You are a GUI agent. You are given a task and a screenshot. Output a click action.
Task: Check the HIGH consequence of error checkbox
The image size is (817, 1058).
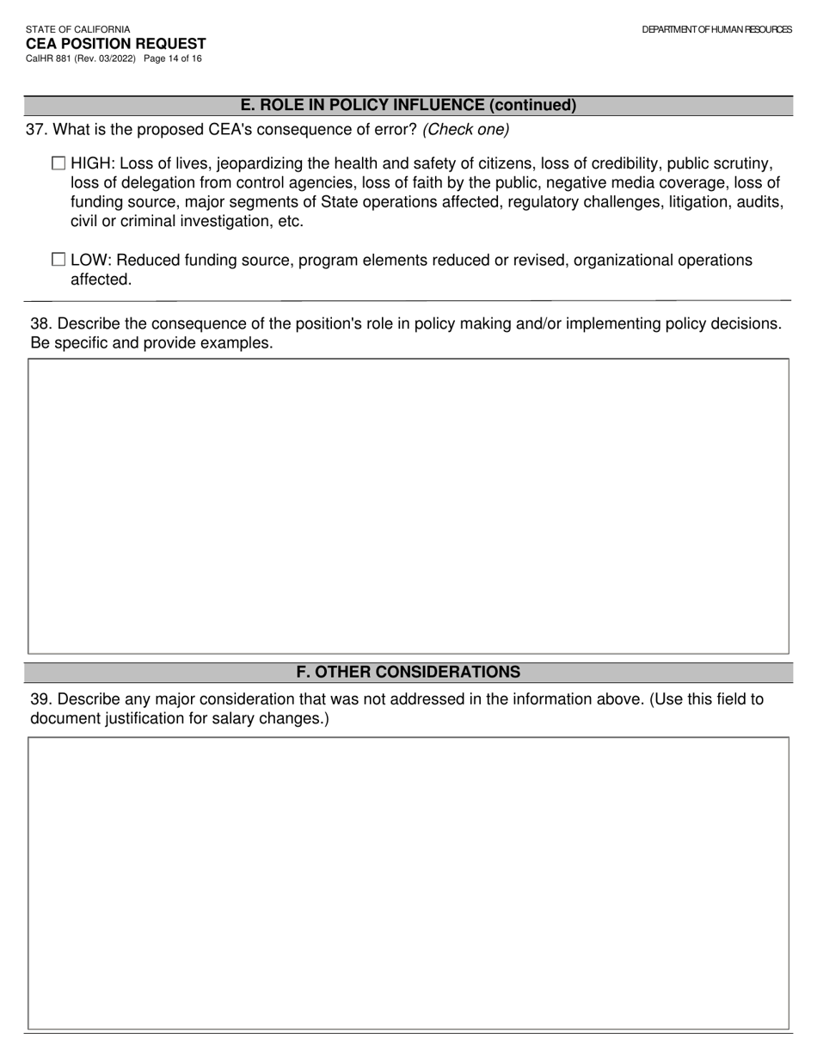pyautogui.click(x=58, y=163)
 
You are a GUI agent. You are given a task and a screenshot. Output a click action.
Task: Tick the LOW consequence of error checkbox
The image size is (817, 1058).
pyautogui.click(x=58, y=259)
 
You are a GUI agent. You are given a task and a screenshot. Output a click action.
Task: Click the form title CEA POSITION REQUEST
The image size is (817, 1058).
pyautogui.click(x=115, y=44)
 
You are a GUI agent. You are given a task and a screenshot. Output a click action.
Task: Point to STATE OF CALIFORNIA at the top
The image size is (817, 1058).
pyautogui.click(x=77, y=29)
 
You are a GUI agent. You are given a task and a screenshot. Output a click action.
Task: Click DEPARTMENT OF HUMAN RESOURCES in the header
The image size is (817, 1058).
pyautogui.click(x=716, y=29)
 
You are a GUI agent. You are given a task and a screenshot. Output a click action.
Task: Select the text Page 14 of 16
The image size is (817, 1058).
pyautogui.click(x=173, y=58)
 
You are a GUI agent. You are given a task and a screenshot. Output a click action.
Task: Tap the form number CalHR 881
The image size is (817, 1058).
pyautogui.click(x=49, y=58)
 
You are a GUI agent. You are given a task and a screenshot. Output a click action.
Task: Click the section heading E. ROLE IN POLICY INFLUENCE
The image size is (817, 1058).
pyautogui.click(x=408, y=105)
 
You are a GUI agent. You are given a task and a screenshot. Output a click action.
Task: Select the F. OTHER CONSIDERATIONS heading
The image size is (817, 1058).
pyautogui.click(x=408, y=672)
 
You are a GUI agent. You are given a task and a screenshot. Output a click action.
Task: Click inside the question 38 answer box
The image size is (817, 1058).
pyautogui.click(x=408, y=506)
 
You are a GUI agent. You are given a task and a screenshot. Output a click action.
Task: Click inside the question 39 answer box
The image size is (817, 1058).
pyautogui.click(x=408, y=883)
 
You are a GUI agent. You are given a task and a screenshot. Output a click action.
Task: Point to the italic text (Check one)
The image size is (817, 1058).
pyautogui.click(x=465, y=130)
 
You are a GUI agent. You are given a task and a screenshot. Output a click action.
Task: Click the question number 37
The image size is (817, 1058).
pyautogui.click(x=35, y=130)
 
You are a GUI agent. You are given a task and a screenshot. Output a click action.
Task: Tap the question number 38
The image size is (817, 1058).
pyautogui.click(x=40, y=323)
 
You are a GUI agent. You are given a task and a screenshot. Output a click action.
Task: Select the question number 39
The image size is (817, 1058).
pyautogui.click(x=40, y=699)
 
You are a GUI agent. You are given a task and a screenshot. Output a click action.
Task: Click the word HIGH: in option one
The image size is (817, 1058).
pyautogui.click(x=93, y=163)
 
